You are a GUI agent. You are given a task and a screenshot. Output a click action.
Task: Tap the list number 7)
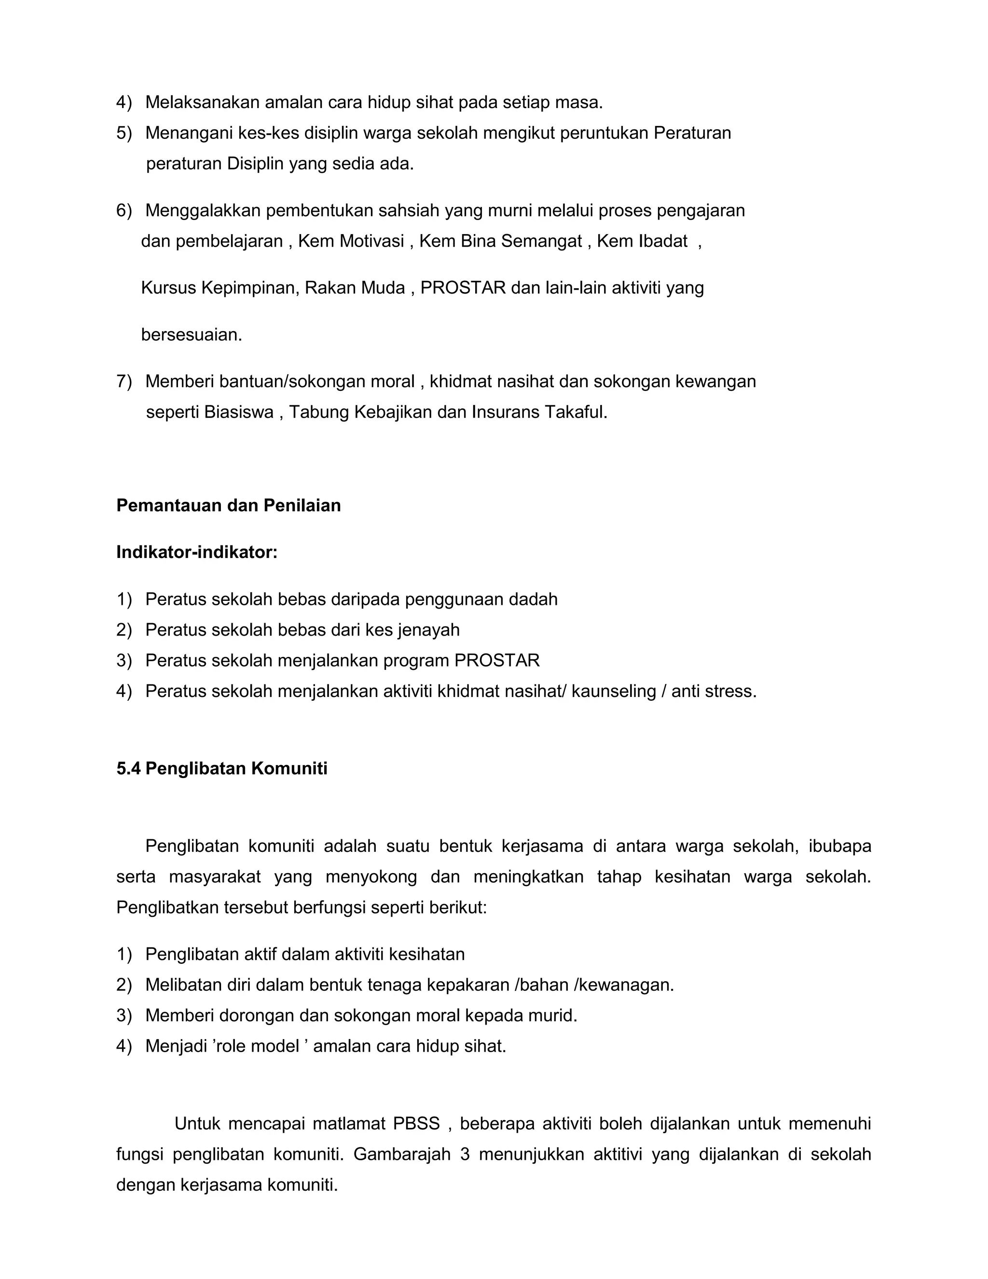pyautogui.click(x=124, y=381)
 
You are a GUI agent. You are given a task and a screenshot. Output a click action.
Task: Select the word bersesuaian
pyautogui.click(x=192, y=335)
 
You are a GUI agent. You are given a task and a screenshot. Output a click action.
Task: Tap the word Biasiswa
pyautogui.click(x=239, y=412)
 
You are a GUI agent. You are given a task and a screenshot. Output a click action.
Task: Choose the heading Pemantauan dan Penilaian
pyautogui.click(x=228, y=505)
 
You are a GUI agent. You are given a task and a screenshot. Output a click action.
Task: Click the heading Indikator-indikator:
pyautogui.click(x=197, y=552)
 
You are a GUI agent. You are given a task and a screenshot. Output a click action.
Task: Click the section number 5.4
pyautogui.click(x=128, y=768)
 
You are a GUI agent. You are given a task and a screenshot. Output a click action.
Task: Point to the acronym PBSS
pyautogui.click(x=416, y=1124)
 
